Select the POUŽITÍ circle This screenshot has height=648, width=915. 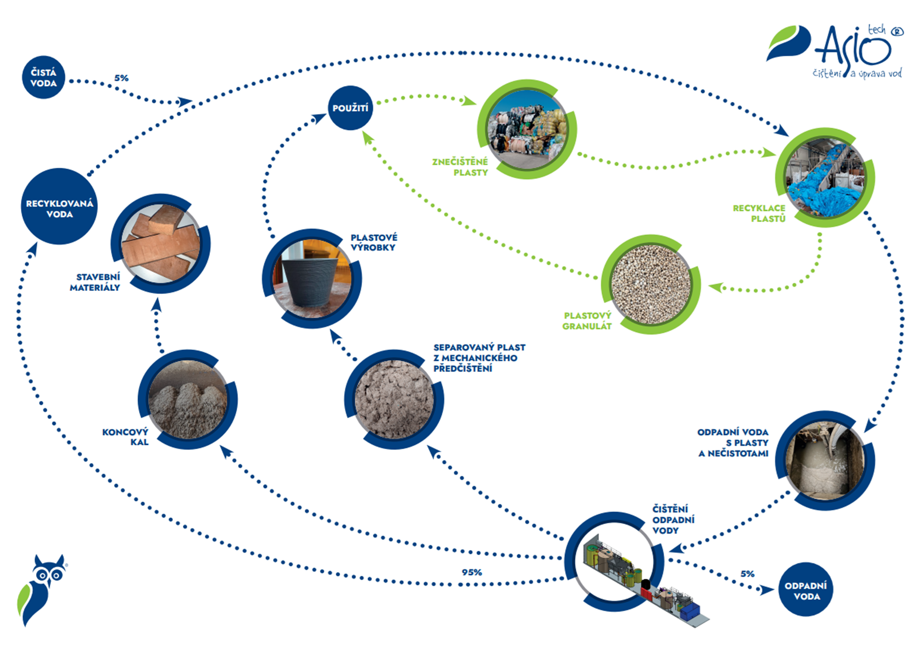(x=351, y=108)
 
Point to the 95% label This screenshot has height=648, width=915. (x=472, y=572)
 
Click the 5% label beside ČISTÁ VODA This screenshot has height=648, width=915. (x=121, y=78)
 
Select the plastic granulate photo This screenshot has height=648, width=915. (x=651, y=284)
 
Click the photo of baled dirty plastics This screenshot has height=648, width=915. (x=527, y=129)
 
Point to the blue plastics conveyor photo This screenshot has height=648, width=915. (x=825, y=178)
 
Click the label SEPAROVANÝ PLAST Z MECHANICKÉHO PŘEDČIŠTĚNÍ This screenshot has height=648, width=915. (x=479, y=358)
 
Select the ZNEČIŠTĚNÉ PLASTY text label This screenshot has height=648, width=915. (x=460, y=167)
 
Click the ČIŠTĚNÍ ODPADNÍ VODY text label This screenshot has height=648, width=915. (x=674, y=520)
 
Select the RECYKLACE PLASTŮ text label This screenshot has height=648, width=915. (x=759, y=213)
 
